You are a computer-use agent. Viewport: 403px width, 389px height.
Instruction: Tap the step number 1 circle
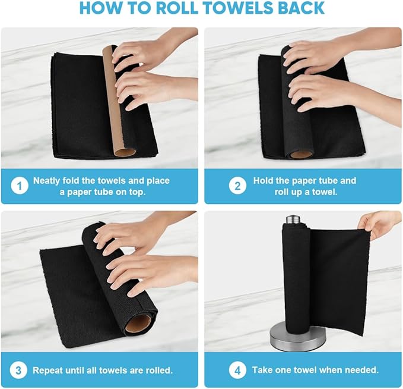click(x=20, y=186)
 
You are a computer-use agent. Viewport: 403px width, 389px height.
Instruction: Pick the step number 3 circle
click(x=20, y=370)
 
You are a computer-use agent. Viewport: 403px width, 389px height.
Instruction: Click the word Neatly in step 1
click(x=47, y=180)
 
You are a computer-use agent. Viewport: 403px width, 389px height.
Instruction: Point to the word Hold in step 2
click(x=264, y=180)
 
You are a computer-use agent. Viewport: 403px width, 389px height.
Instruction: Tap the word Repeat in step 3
click(x=48, y=370)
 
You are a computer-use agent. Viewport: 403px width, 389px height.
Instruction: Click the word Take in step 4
click(x=262, y=370)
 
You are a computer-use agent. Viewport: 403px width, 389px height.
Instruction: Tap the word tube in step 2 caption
click(x=328, y=180)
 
